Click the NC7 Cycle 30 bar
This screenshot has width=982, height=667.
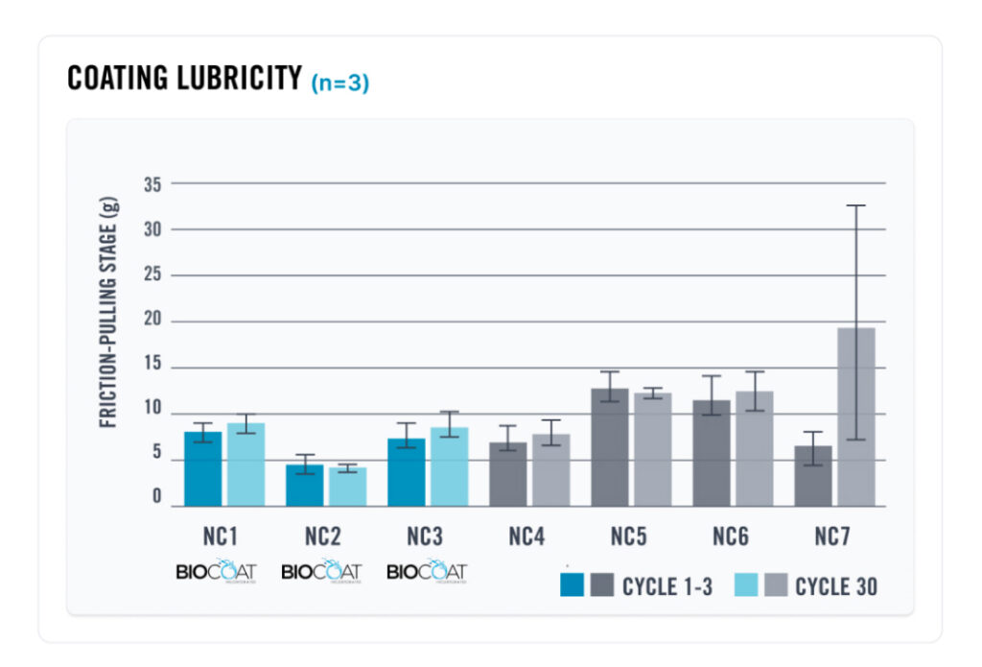(856, 417)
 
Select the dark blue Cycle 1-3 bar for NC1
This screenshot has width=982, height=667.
(203, 469)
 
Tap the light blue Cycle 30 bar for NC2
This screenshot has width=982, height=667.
(347, 487)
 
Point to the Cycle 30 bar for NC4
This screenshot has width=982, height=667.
(550, 470)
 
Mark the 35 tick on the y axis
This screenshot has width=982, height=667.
(152, 183)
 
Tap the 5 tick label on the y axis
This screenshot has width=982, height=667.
(156, 460)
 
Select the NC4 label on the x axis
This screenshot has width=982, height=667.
(527, 536)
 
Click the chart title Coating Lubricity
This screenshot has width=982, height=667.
(184, 79)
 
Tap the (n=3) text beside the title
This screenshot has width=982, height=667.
(339, 83)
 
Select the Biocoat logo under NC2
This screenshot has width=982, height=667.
(321, 571)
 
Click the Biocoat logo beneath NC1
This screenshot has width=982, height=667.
(217, 571)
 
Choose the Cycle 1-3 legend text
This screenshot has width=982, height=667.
(666, 586)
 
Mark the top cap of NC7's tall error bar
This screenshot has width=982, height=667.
(855, 205)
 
